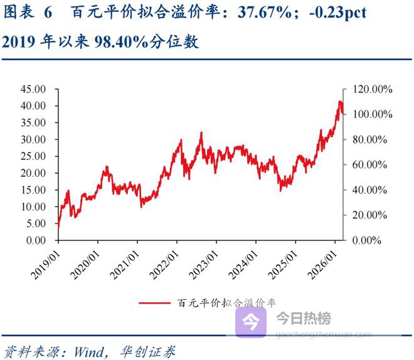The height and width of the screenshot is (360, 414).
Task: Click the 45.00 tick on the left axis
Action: pos(32,89)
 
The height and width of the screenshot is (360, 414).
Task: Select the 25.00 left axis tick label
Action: pos(32,156)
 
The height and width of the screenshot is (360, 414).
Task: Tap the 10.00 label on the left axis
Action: pos(32,206)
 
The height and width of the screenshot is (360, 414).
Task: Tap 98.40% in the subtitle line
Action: pos(122,41)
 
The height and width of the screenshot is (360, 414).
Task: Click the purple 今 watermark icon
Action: pos(250,322)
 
